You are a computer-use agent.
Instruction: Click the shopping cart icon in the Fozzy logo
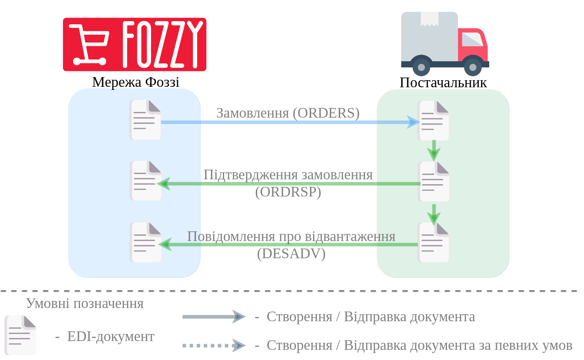[89, 45]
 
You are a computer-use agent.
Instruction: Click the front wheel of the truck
[473, 67]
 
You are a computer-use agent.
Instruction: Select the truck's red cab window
[473, 40]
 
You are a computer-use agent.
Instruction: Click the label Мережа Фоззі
[136, 82]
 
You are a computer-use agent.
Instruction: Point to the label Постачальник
[443, 82]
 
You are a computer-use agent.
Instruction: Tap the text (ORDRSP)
[288, 192]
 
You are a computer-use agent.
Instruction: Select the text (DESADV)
[291, 253]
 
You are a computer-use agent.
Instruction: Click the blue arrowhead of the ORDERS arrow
[414, 122]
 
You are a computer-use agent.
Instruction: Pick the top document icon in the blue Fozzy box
[145, 120]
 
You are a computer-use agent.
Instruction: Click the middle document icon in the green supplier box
[433, 182]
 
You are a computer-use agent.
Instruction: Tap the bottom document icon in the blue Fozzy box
[145, 242]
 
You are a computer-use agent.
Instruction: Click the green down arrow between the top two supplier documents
[434, 150]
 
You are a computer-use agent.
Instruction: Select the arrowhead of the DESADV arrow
[165, 245]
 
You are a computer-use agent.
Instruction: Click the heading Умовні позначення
[85, 304]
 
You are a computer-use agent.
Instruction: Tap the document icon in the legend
[20, 335]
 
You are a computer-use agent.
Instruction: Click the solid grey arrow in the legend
[214, 317]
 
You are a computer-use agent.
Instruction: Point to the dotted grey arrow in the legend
[214, 345]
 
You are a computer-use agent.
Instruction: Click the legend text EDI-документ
[111, 336]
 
